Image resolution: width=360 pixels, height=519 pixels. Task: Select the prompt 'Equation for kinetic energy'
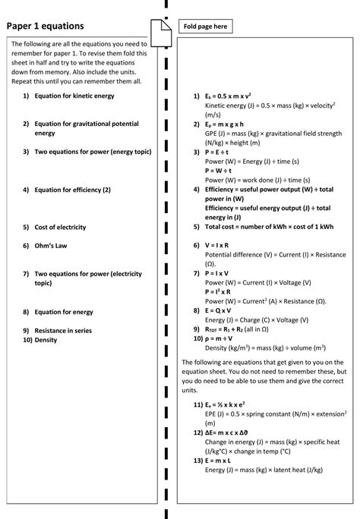74,96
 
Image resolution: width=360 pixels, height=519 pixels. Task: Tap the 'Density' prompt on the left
46,340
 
